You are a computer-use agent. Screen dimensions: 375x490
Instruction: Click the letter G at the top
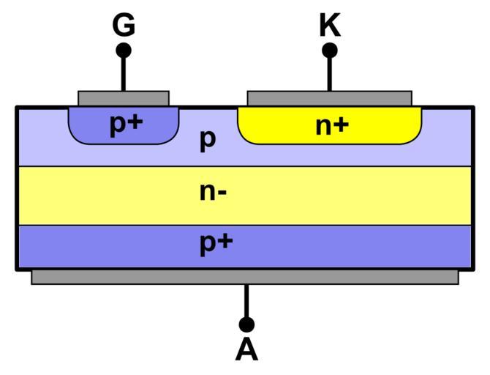[124, 25]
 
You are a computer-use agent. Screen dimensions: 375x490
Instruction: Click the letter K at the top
[330, 25]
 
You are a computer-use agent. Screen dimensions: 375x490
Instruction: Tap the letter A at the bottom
[246, 350]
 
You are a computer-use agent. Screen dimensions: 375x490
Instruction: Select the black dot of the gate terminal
[124, 51]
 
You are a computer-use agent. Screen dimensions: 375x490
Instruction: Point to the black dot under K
[330, 51]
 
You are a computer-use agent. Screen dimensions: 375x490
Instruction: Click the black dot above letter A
[246, 324]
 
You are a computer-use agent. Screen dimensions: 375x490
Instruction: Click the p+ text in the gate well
[126, 124]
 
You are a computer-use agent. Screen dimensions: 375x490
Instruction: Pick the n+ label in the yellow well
[332, 125]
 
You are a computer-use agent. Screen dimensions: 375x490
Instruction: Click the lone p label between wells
[208, 140]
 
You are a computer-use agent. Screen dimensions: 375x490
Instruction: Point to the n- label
[212, 193]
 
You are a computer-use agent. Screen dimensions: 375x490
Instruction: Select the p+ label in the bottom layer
[216, 244]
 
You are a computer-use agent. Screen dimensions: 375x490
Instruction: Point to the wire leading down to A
[246, 300]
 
